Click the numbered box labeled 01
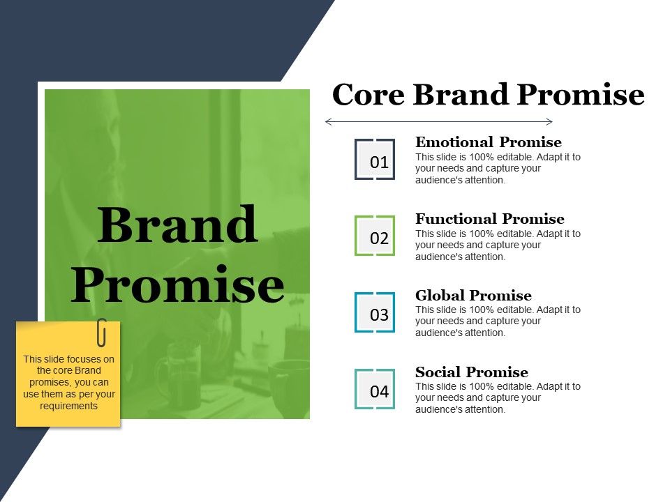point(375,160)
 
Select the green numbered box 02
point(375,236)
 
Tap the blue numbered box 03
point(375,312)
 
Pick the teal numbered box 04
point(375,389)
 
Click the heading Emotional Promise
point(488,143)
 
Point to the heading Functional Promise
point(489,219)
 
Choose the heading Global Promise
point(473,296)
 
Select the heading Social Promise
point(471,372)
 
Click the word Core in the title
point(368,95)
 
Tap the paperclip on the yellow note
point(102,332)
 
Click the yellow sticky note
point(68,380)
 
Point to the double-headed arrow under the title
point(439,122)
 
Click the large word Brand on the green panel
point(177,226)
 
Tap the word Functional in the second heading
point(455,219)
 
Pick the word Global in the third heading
point(440,296)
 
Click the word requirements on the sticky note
point(68,406)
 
